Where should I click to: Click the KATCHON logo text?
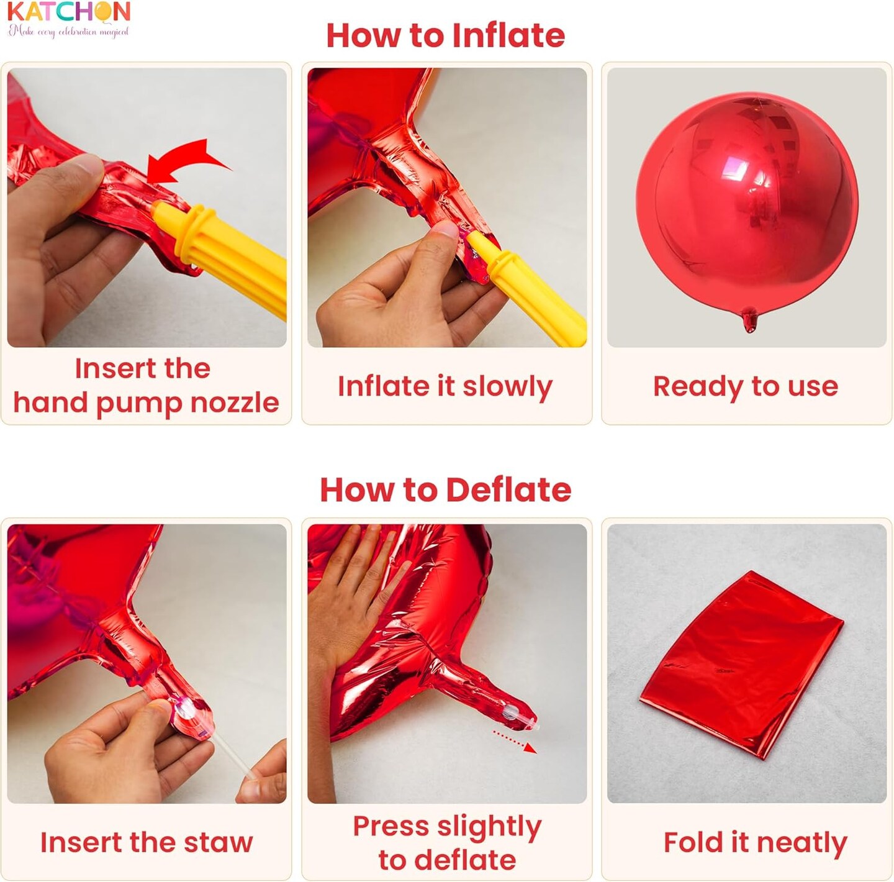point(70,12)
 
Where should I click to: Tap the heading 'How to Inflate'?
point(446,35)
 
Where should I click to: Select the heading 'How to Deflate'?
point(446,489)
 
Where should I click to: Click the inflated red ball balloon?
point(747,204)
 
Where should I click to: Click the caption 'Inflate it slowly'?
point(445,387)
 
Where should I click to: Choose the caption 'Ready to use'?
point(746,387)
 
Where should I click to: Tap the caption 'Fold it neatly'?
point(756,842)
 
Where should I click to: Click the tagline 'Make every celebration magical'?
point(68,32)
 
